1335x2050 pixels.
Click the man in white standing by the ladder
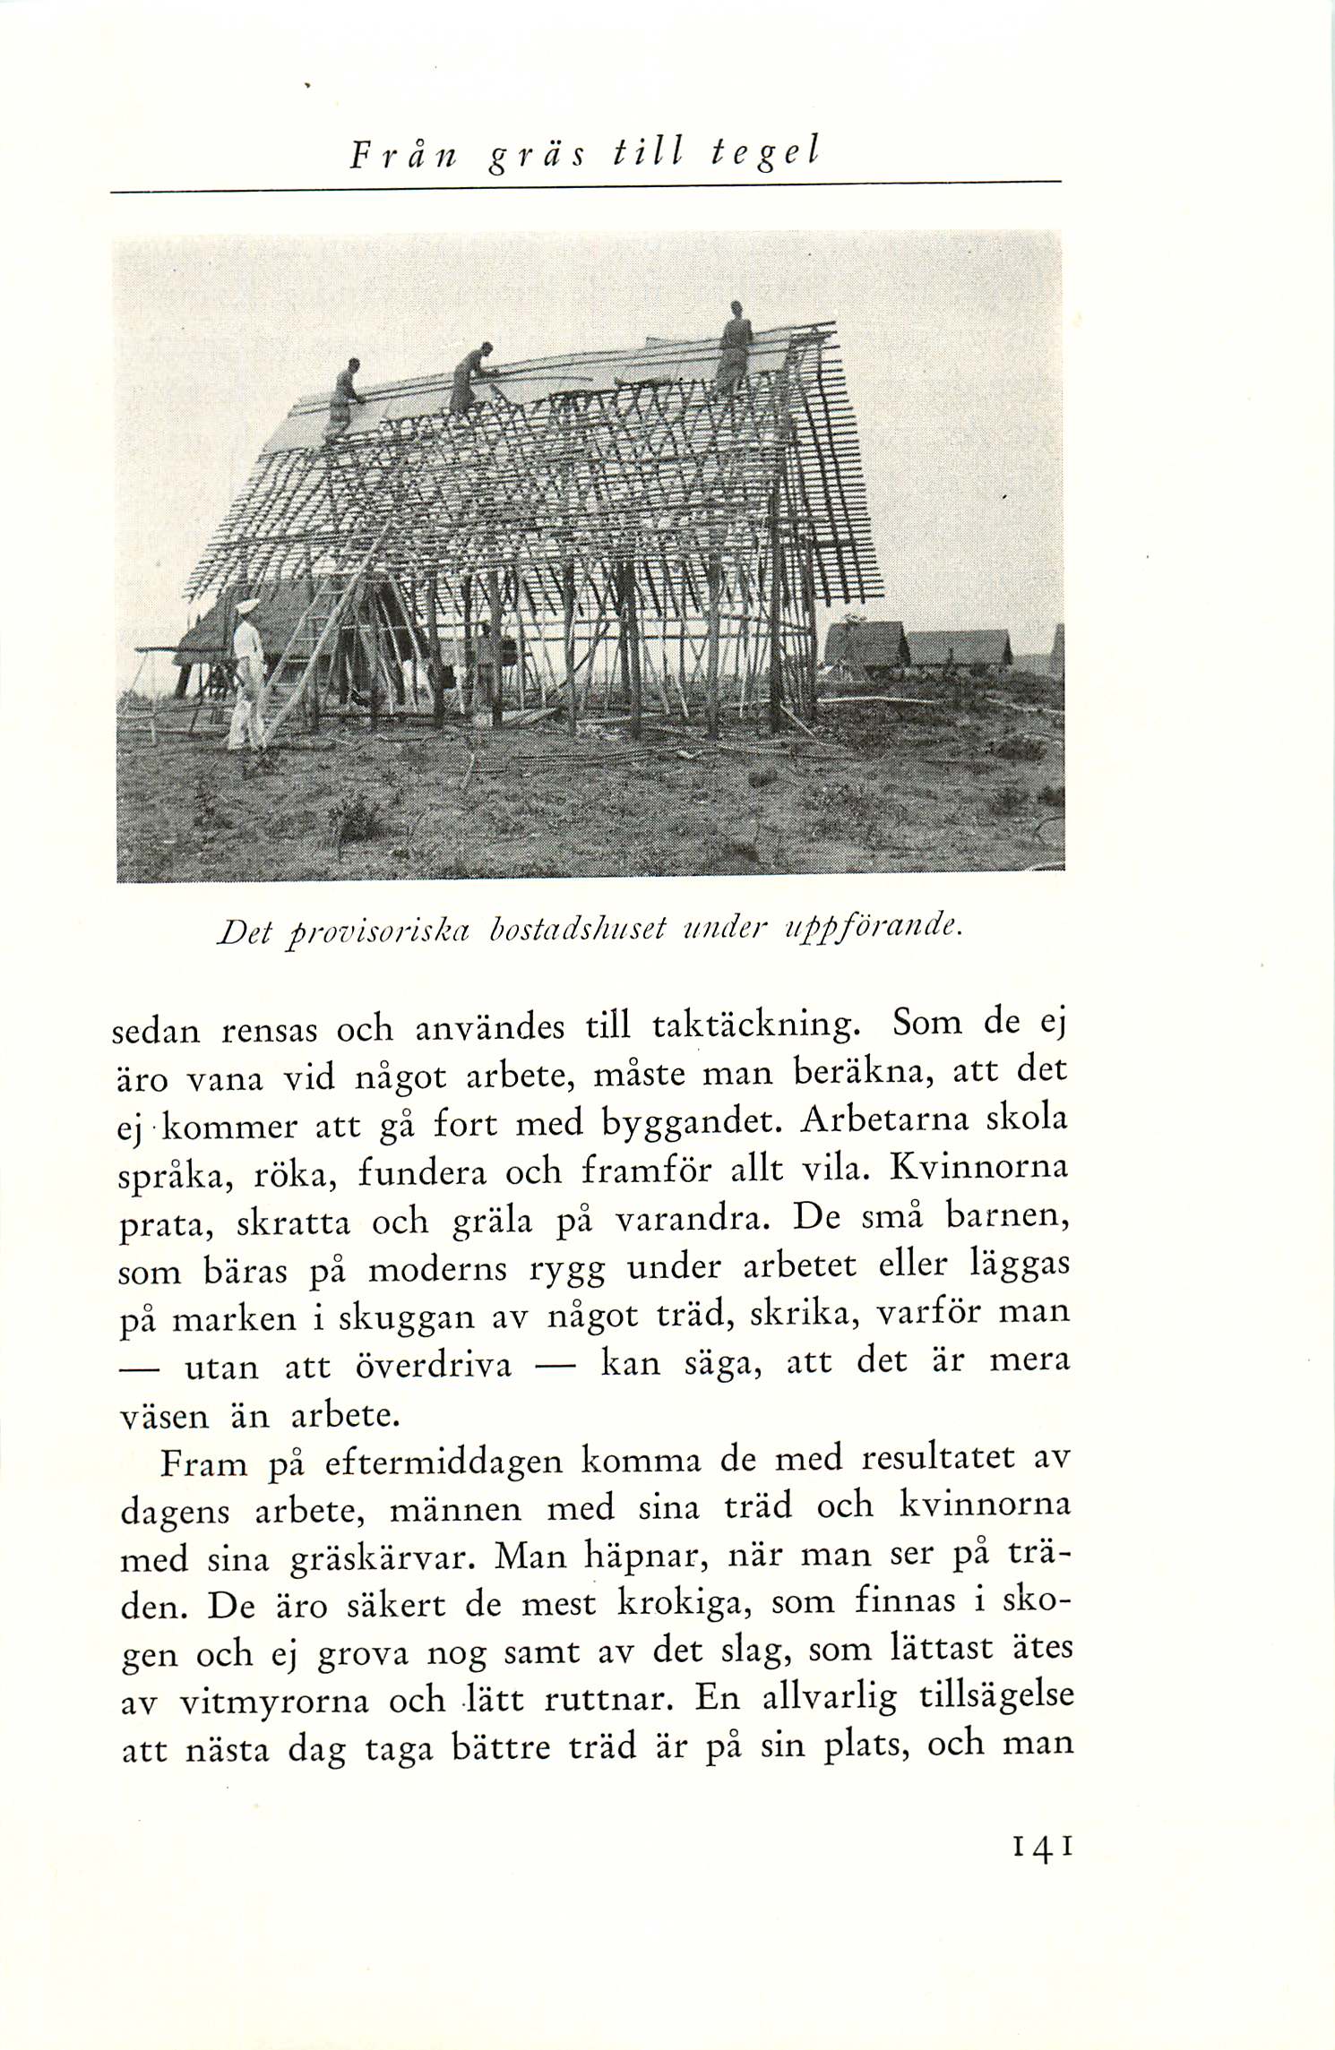[246, 672]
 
